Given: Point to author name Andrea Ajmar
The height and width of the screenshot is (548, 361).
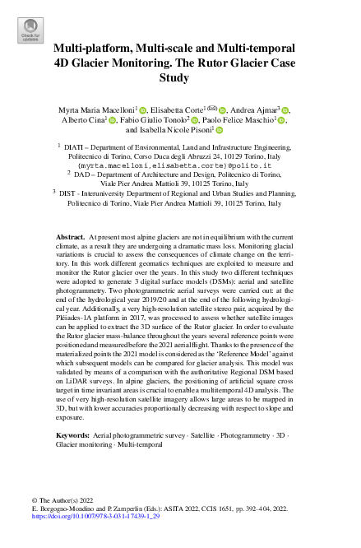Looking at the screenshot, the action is (261, 109).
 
